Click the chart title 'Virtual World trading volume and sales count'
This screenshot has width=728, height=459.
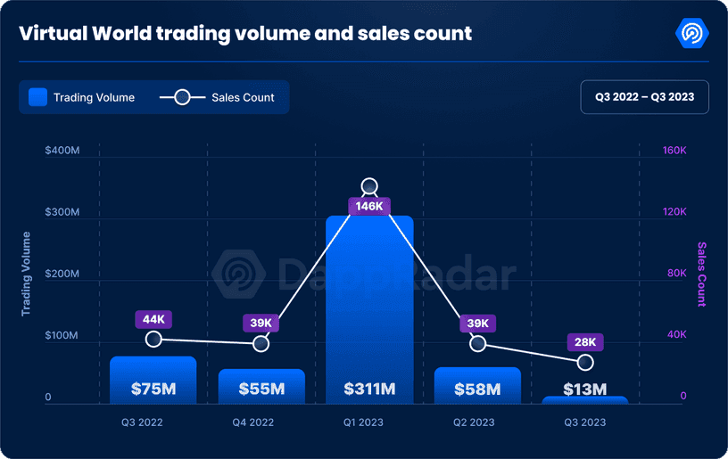pyautogui.click(x=245, y=35)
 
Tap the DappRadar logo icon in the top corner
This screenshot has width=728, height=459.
pyautogui.click(x=692, y=34)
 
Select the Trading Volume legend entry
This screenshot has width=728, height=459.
pyautogui.click(x=82, y=97)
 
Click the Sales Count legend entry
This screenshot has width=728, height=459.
pyautogui.click(x=218, y=97)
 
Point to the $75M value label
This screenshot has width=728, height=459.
pyautogui.click(x=153, y=389)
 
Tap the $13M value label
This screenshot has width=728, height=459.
pyautogui.click(x=585, y=389)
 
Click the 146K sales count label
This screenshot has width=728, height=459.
pyautogui.click(x=369, y=206)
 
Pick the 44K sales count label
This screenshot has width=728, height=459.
pyautogui.click(x=153, y=319)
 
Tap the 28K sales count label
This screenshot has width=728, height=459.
pyautogui.click(x=585, y=342)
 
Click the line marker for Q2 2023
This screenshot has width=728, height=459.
pyautogui.click(x=477, y=343)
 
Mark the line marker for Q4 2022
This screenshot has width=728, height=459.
pyautogui.click(x=261, y=343)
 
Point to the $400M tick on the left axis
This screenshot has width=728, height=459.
pyautogui.click(x=62, y=151)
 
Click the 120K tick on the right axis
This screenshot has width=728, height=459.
pyautogui.click(x=674, y=212)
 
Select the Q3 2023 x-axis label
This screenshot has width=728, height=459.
pyautogui.click(x=585, y=422)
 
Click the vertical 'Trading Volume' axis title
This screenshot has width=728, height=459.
pyautogui.click(x=27, y=274)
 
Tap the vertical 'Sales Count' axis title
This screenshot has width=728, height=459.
pyautogui.click(x=701, y=274)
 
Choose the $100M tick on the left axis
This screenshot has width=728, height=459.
pyautogui.click(x=62, y=335)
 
